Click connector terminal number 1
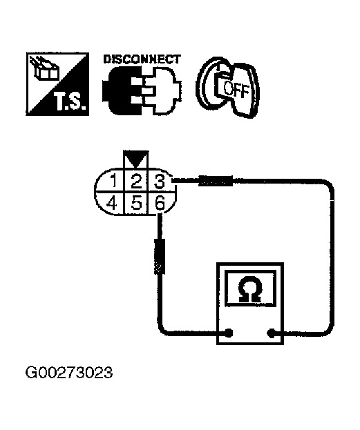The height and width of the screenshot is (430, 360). coord(112,182)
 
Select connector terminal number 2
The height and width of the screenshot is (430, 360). coord(136,182)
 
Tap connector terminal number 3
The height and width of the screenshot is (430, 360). coord(159,182)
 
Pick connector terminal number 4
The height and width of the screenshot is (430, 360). coord(111,204)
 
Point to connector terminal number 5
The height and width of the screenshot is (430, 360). coord(136,204)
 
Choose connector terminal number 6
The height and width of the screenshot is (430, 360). coord(160,204)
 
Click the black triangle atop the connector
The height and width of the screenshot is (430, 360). coord(136,159)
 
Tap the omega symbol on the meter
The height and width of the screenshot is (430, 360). coord(249,290)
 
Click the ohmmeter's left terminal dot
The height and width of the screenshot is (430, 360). coord(229,333)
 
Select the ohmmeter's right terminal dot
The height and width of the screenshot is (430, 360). coord(271,333)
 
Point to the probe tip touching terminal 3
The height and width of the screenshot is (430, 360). coord(172,180)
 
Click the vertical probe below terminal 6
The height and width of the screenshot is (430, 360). coord(160,256)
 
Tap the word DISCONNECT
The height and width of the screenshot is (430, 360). coord(142,59)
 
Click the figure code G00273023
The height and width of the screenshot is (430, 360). coord(69,373)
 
